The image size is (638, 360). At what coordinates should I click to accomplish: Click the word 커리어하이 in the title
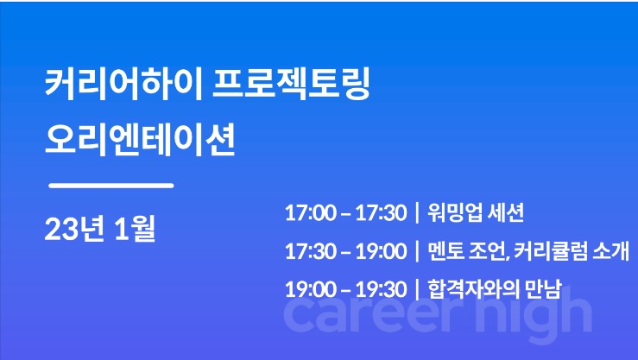click(123, 85)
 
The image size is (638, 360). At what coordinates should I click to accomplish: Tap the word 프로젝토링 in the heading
click(291, 85)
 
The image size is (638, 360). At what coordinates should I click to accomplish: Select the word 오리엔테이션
click(140, 140)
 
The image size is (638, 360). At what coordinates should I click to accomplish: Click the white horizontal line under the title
click(111, 186)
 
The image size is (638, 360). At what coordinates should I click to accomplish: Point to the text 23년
click(73, 229)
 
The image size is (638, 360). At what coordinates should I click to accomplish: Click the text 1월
click(135, 229)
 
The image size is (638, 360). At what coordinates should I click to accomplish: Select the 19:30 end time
click(382, 289)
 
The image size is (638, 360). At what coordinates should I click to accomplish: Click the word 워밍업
click(454, 212)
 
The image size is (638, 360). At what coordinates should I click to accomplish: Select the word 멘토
click(445, 251)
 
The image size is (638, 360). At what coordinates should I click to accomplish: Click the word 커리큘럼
click(549, 251)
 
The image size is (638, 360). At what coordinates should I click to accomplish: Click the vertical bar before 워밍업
click(418, 212)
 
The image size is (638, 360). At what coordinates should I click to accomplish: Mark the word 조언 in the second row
click(489, 252)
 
